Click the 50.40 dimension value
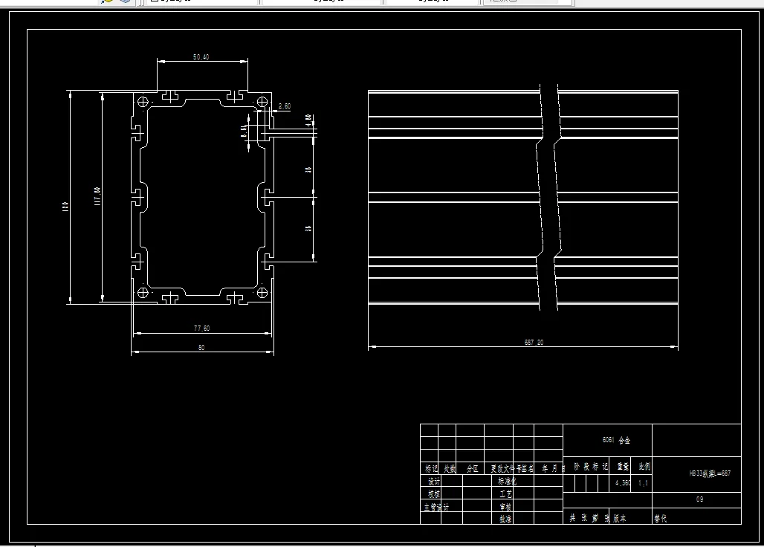(201, 56)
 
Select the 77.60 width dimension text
(201, 328)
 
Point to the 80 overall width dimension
(201, 347)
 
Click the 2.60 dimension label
(284, 107)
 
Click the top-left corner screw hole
(143, 101)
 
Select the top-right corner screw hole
(261, 102)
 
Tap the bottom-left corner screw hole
(143, 292)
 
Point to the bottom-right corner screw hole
(261, 292)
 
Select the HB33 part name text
(705, 473)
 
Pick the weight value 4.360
(622, 483)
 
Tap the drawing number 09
(699, 499)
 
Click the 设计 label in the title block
(434, 482)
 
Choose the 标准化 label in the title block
(506, 482)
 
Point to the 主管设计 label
(436, 507)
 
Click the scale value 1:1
(643, 483)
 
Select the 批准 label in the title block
(506, 519)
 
